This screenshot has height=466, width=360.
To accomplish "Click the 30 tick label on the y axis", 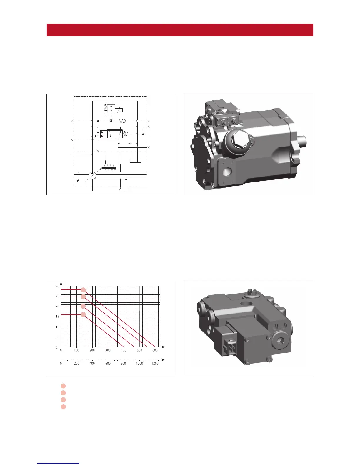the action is click(x=57, y=286).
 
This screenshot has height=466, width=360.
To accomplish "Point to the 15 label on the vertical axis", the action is click(x=57, y=317).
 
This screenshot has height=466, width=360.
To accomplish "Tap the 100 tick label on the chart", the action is click(x=76, y=350).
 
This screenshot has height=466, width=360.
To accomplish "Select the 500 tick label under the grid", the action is click(x=139, y=350).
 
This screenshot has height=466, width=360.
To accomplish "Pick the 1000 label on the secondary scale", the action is click(x=139, y=364).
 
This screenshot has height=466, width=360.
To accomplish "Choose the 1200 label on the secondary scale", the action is click(x=155, y=364).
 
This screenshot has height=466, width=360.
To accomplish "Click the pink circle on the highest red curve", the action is click(x=83, y=290).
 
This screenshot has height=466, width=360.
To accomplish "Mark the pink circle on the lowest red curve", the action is click(x=83, y=314).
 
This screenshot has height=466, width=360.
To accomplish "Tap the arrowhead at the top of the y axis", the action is click(x=61, y=284).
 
